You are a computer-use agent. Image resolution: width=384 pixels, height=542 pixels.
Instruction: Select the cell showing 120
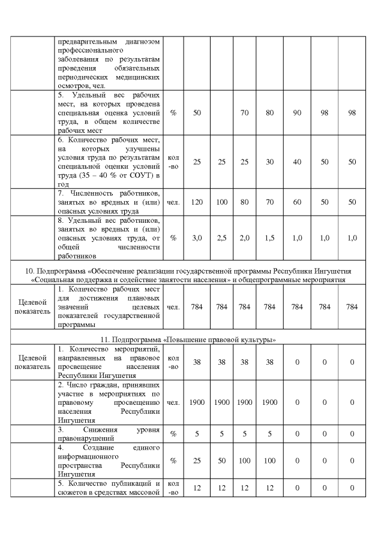click(x=197, y=202)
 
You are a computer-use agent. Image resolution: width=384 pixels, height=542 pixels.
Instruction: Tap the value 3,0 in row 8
click(x=197, y=238)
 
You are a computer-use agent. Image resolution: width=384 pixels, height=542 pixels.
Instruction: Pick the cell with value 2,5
click(x=221, y=238)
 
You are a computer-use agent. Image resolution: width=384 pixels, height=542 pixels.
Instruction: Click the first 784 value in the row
click(x=197, y=307)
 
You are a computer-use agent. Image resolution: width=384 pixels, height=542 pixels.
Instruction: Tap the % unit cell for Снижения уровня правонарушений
click(x=173, y=433)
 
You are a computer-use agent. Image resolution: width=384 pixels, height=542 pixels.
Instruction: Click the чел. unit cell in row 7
click(x=173, y=202)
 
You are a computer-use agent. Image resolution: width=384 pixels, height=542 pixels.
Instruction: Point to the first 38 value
click(x=197, y=362)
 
